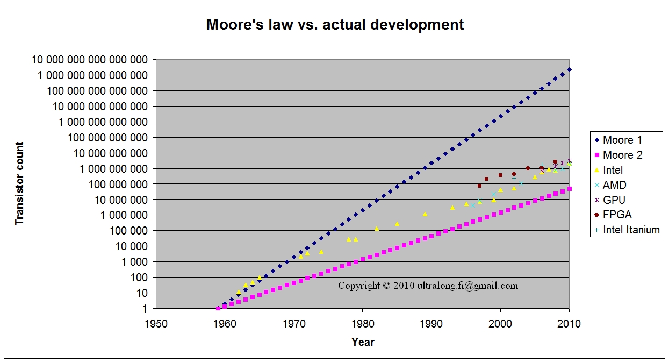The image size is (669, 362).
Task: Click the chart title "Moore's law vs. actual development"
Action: click(x=335, y=24)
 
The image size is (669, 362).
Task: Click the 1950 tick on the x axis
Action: click(x=156, y=324)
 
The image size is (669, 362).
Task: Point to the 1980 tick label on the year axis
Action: click(x=363, y=324)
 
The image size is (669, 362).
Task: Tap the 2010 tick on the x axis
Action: click(x=569, y=324)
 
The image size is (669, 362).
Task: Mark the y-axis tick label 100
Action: click(x=140, y=278)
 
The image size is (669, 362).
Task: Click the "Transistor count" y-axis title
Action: click(x=20, y=183)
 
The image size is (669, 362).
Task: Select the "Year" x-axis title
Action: click(x=363, y=342)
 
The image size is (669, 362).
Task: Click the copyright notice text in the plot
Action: click(x=428, y=286)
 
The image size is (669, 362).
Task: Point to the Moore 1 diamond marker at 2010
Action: click(x=569, y=69)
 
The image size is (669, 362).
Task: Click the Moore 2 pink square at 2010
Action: click(x=569, y=189)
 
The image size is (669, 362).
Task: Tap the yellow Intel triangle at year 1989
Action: click(x=425, y=214)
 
